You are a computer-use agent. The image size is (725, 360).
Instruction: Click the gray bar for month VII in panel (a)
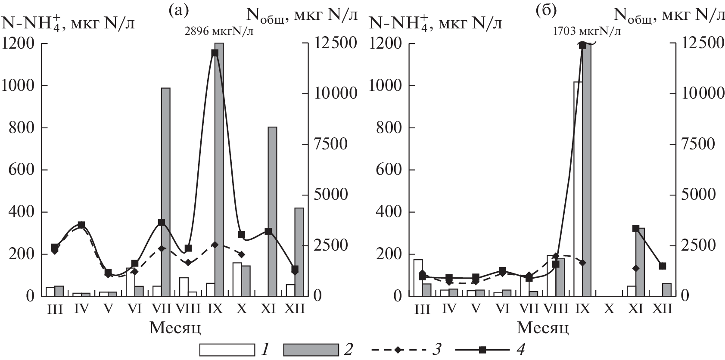pos(165,192)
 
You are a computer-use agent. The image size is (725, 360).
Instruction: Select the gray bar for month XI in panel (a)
pos(272,211)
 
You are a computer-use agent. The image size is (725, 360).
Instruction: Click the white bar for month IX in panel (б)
pos(578,189)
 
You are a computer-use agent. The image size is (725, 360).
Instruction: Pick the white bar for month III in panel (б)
pos(418,278)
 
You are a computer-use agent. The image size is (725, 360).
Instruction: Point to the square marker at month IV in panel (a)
pos(81,225)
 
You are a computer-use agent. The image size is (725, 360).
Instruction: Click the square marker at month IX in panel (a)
pos(215,53)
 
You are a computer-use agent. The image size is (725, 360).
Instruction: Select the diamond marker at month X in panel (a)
pos(241,254)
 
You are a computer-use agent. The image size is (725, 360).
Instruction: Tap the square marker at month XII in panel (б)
pos(663,266)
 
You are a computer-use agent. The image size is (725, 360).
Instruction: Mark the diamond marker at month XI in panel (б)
pos(635,268)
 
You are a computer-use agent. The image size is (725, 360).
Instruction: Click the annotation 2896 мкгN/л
pos(219,31)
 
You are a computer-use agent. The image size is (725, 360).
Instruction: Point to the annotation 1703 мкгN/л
pos(587,31)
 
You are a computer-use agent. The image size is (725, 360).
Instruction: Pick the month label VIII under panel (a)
pos(188,309)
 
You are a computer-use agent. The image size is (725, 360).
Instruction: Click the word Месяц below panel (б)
pos(542,328)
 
